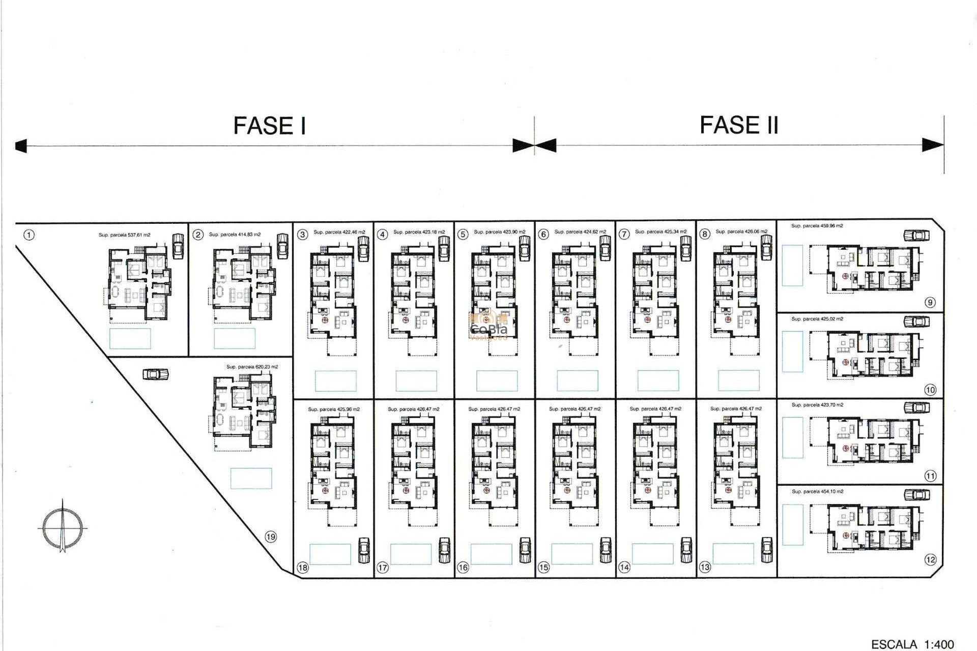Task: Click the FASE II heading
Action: pyautogui.click(x=739, y=125)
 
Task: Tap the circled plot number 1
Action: pyautogui.click(x=30, y=235)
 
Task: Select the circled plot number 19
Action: pyautogui.click(x=271, y=537)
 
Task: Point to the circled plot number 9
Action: pyautogui.click(x=930, y=303)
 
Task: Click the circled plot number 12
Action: pyautogui.click(x=930, y=560)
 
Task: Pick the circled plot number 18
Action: pyautogui.click(x=303, y=568)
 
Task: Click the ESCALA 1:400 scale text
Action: pyautogui.click(x=912, y=644)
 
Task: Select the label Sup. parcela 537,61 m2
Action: pyautogui.click(x=125, y=235)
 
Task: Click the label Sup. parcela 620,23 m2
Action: pyautogui.click(x=252, y=367)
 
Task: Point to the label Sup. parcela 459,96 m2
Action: pyautogui.click(x=817, y=226)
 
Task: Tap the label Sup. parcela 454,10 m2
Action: pyautogui.click(x=817, y=492)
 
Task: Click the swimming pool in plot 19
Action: pyautogui.click(x=251, y=478)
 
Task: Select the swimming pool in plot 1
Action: pyautogui.click(x=130, y=338)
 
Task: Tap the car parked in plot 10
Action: pyautogui.click(x=916, y=321)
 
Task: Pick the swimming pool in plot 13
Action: pyautogui.click(x=733, y=554)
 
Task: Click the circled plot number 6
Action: pyautogui.click(x=543, y=234)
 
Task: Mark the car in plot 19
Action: pyautogui.click(x=156, y=374)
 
